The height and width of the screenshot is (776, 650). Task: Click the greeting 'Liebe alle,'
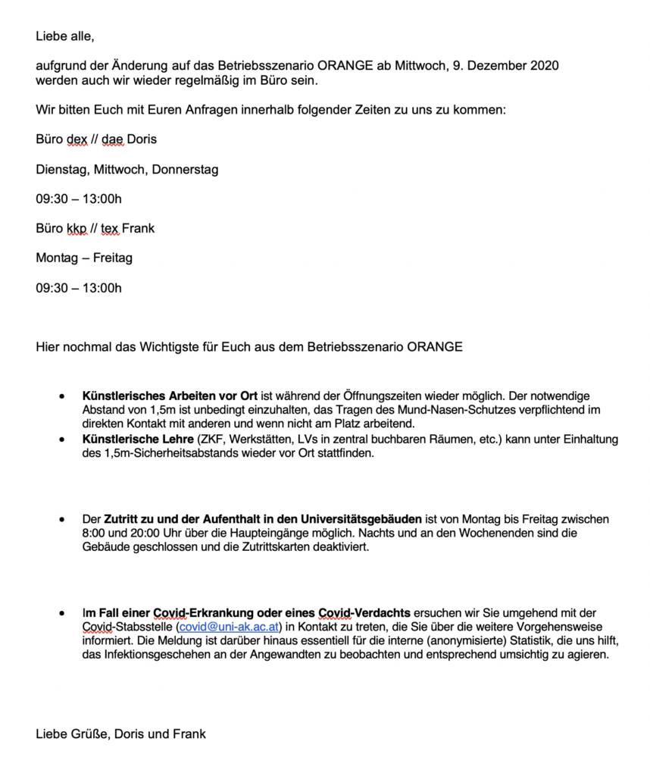click(65, 36)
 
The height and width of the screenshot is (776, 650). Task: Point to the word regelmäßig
click(188, 80)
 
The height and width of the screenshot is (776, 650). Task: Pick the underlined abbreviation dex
click(77, 139)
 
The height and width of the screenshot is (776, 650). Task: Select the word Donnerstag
click(185, 169)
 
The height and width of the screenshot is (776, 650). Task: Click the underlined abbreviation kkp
click(77, 228)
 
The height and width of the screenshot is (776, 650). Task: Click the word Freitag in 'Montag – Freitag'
click(113, 258)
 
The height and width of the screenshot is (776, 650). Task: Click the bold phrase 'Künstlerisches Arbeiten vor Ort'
click(170, 396)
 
